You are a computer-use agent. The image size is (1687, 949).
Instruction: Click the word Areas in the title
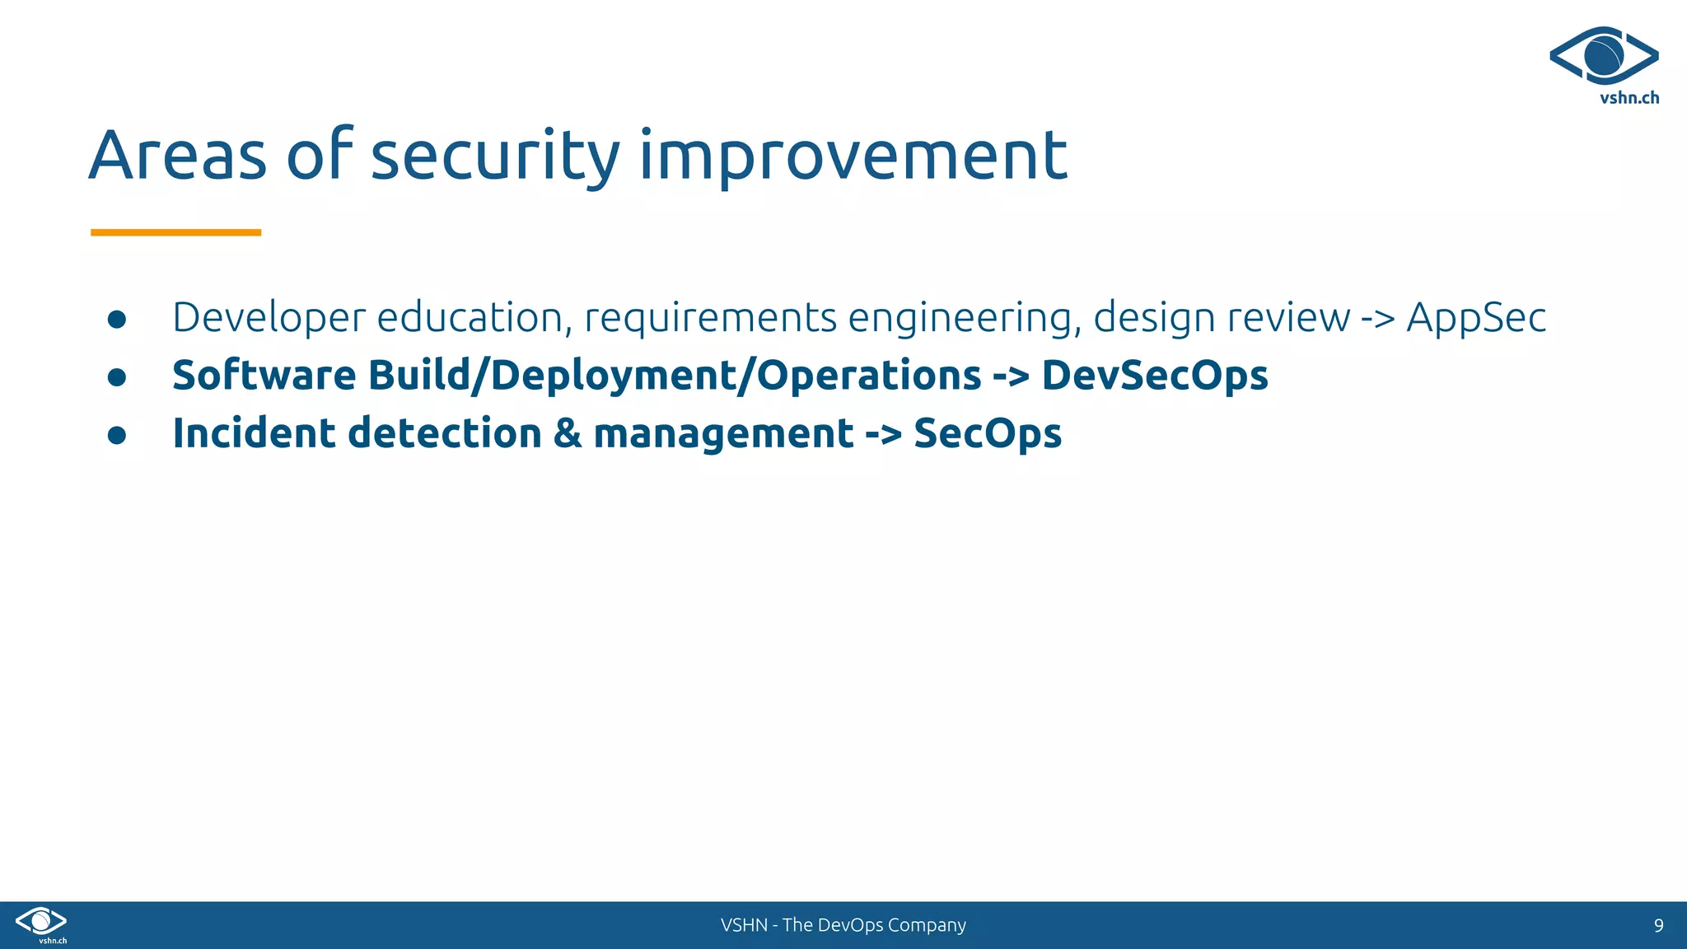coord(177,156)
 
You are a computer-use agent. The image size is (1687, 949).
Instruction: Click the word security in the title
coord(494,156)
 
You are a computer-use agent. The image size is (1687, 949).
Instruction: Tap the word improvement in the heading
coord(853,156)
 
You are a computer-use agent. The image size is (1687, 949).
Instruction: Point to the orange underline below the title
coord(175,232)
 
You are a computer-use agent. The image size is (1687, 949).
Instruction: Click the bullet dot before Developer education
coord(117,320)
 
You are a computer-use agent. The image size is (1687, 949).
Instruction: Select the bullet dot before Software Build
coord(117,377)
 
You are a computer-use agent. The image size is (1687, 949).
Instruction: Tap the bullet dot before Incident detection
coord(117,435)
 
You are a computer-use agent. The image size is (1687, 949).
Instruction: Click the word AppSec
coord(1475,318)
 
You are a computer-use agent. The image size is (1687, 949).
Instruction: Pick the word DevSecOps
coord(1154,376)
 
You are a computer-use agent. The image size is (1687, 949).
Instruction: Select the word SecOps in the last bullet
coord(987,434)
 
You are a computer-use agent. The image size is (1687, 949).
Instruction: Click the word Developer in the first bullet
coord(269,318)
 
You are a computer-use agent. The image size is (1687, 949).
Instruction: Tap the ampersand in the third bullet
coord(568,433)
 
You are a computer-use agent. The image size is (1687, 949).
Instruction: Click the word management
coord(723,434)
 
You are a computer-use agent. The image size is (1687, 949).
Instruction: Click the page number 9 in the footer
coord(1658,925)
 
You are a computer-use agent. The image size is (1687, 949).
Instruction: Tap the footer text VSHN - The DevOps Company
coord(843,925)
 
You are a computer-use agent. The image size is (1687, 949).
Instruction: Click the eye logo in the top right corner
coord(1604,56)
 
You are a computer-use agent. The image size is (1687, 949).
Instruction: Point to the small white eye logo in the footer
coord(41,921)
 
